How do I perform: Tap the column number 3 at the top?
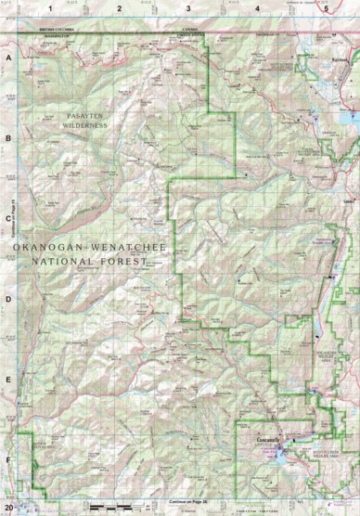[188, 7]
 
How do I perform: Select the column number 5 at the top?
[326, 7]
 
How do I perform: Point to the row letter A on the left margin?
[9, 58]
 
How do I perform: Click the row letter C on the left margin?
[9, 220]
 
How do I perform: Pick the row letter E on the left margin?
[9, 381]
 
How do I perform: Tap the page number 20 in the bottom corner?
[8, 507]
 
